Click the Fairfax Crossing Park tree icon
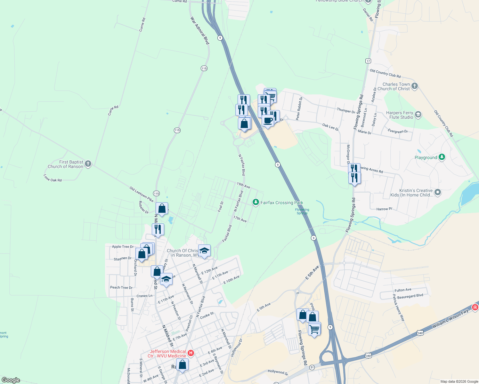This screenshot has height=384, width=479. [256, 202]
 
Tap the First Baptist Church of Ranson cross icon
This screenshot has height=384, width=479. [88, 164]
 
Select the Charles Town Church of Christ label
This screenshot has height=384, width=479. [396, 86]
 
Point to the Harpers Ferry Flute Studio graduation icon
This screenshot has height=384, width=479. [418, 115]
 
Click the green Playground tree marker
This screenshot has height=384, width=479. [442, 157]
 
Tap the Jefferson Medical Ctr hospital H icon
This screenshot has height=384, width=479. [191, 353]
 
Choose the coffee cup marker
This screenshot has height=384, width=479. [268, 121]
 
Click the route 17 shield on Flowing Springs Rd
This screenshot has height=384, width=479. [368, 61]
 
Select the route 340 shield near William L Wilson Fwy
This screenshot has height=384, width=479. [420, 333]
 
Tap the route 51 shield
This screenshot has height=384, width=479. [312, 367]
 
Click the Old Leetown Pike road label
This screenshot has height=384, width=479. [142, 194]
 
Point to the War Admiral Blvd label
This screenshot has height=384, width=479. [200, 31]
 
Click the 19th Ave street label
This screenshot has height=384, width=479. [243, 185]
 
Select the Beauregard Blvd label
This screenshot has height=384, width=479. [410, 296]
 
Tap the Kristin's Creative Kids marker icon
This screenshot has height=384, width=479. [438, 192]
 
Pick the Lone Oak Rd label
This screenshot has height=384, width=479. [53, 178]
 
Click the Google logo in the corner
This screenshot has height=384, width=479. [11, 380]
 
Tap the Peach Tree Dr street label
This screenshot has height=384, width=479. [121, 287]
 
